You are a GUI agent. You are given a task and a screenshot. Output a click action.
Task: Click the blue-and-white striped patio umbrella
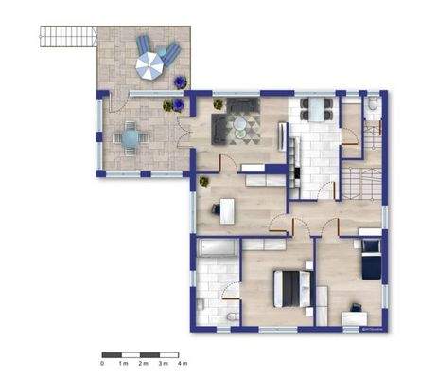click(x=149, y=65)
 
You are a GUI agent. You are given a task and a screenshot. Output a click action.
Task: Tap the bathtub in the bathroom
click(x=219, y=248)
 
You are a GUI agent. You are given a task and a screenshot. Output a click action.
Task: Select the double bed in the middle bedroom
click(x=290, y=286)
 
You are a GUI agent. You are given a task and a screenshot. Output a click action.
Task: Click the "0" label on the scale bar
click(x=102, y=363)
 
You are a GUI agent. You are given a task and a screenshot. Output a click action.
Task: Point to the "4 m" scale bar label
click(x=184, y=363)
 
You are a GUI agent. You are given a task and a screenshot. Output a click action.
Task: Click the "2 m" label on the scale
click(x=143, y=363)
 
